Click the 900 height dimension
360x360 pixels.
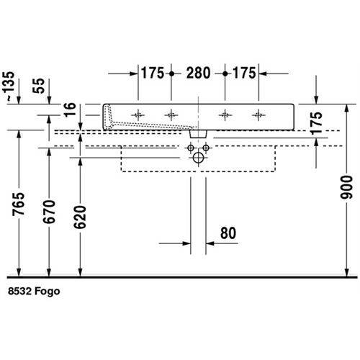(x=346, y=187)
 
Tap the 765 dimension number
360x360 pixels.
(x=19, y=204)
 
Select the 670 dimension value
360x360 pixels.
(x=49, y=212)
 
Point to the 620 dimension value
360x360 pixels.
(x=80, y=217)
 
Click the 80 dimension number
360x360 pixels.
(x=228, y=233)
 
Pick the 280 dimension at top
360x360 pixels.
(x=198, y=73)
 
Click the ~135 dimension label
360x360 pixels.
(x=9, y=86)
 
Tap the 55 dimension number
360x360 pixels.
(x=39, y=86)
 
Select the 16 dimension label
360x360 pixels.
(x=70, y=109)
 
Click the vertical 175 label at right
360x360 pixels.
(x=316, y=122)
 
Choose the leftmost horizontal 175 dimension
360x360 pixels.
(x=153, y=73)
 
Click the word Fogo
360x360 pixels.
(x=47, y=292)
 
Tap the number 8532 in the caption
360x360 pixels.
(x=20, y=291)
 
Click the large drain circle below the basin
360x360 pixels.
(x=198, y=158)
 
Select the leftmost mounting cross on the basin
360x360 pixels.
(x=138, y=115)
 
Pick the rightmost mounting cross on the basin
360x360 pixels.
(x=258, y=115)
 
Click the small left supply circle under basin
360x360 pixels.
(x=191, y=148)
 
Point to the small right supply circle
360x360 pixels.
(x=206, y=148)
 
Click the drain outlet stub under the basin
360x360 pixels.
(x=198, y=134)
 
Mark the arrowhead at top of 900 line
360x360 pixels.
(x=346, y=109)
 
